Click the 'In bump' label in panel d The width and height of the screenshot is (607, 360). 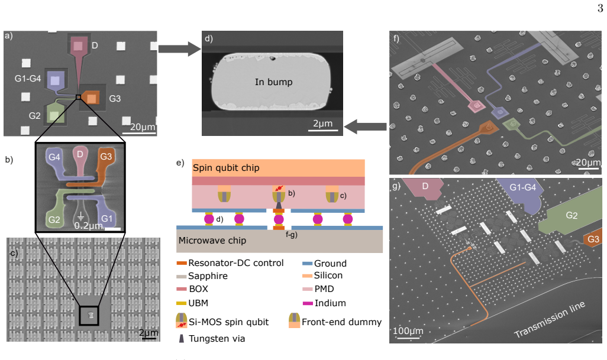click(273, 82)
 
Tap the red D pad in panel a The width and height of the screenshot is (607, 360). click(78, 46)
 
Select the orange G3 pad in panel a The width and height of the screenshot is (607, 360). click(91, 97)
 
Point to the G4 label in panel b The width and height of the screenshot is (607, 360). click(54, 157)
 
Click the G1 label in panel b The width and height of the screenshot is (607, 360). click(107, 219)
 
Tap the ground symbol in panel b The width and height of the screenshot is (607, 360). click(81, 216)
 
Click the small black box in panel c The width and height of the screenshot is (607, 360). click(89, 315)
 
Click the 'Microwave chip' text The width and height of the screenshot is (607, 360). click(212, 241)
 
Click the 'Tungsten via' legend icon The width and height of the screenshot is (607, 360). click(181, 338)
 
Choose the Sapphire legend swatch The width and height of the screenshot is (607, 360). click(182, 277)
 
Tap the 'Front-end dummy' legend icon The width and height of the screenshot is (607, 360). click(294, 320)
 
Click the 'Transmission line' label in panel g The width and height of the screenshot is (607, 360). click(550, 320)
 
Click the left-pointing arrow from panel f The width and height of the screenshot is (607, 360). click(365, 127)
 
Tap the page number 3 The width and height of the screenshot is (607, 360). click(600, 8)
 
